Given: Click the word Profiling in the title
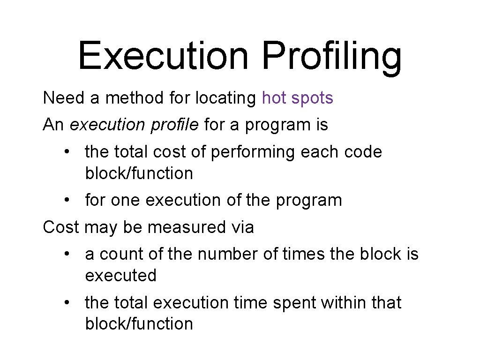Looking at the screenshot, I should (x=332, y=56).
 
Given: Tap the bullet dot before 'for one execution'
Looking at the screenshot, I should (x=68, y=201).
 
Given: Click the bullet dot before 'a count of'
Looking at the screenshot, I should (x=68, y=255).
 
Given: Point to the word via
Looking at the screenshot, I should (x=242, y=227).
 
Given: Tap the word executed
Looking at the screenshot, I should (x=120, y=276).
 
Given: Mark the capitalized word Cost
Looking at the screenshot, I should (x=61, y=227).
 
